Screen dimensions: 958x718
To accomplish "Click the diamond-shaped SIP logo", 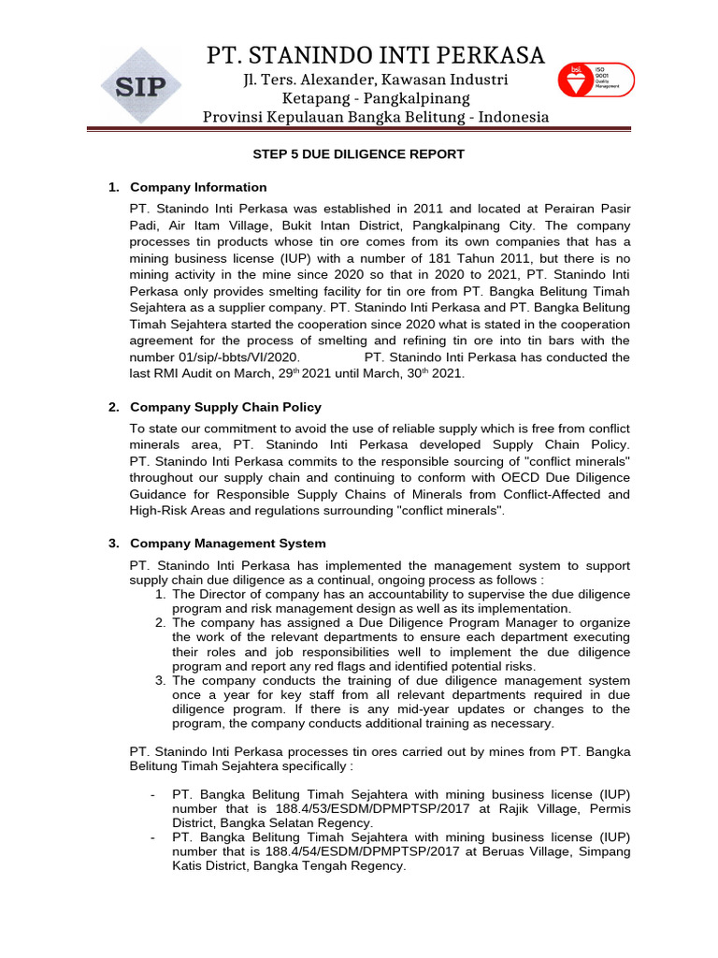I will pos(141,86).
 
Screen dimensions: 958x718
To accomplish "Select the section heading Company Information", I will pos(198,187).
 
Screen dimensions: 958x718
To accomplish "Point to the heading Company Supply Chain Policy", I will pos(225,407).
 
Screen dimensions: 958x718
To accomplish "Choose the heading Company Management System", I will pos(228,543).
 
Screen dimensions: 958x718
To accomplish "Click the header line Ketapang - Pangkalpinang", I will pos(376,98).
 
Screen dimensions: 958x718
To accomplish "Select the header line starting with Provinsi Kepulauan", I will pos(376,117).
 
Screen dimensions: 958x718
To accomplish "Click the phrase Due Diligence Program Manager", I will pos(435,622).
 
